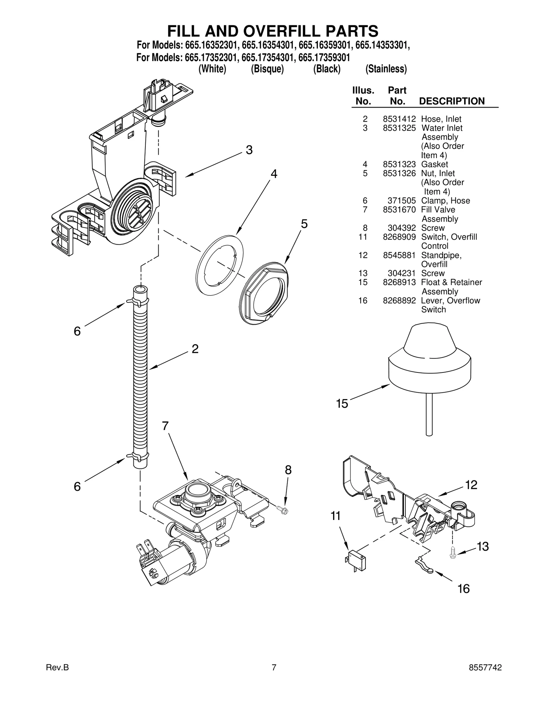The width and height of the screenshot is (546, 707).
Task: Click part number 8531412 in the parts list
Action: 399,119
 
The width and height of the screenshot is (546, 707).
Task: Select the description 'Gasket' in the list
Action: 434,164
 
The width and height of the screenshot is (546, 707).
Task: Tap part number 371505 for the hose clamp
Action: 402,201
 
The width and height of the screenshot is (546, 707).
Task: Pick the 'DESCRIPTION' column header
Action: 451,101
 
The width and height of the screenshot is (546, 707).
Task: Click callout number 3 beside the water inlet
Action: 249,150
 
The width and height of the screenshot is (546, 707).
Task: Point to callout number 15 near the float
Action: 342,404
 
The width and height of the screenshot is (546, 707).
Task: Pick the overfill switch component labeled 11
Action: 356,561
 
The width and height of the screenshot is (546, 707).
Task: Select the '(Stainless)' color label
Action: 386,69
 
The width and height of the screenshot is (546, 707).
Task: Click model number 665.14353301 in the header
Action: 382,45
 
